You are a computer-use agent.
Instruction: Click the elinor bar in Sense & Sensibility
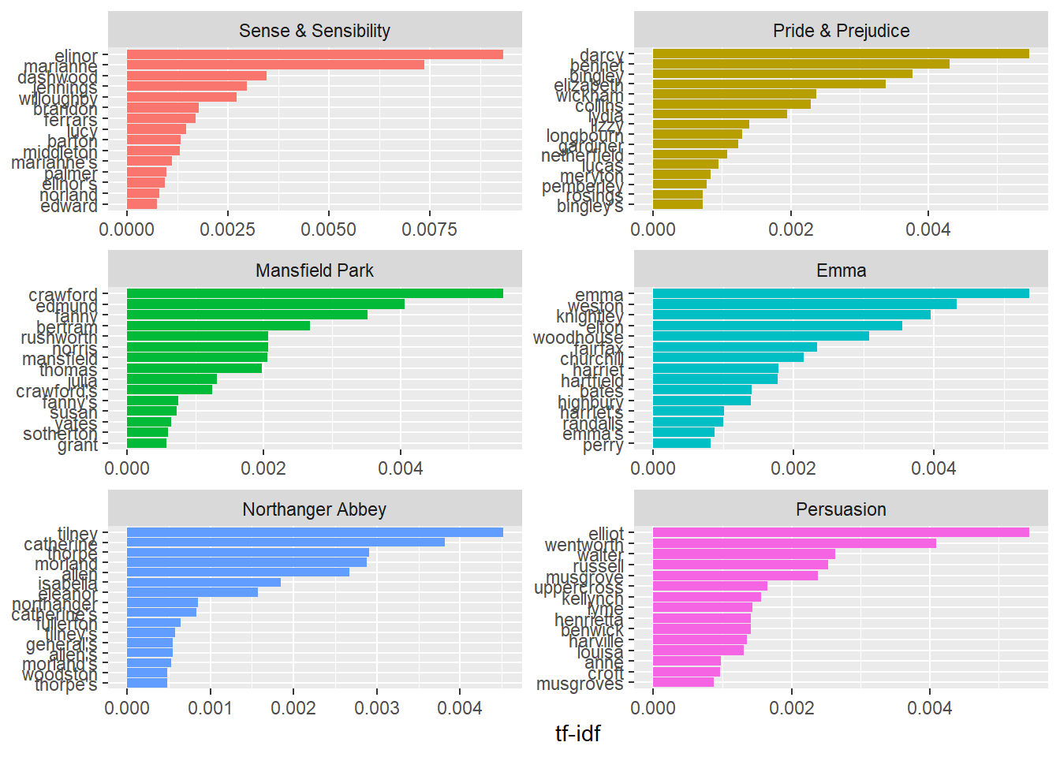[315, 54]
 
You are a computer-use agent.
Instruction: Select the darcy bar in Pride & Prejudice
[841, 54]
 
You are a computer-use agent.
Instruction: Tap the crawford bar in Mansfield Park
[315, 293]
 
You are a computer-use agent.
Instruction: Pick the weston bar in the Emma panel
[804, 304]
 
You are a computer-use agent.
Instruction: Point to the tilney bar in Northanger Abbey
[315, 532]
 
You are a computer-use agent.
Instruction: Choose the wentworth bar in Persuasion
[794, 543]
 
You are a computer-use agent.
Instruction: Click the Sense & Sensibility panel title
[315, 31]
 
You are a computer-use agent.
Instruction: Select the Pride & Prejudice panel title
[841, 31]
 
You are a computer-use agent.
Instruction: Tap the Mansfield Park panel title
[315, 270]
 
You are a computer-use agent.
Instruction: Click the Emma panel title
[841, 270]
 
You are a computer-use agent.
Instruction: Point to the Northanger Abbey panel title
[315, 509]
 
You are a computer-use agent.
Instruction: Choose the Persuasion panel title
[841, 509]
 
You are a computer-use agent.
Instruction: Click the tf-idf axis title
[577, 733]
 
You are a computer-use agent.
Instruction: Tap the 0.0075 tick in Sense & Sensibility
[429, 229]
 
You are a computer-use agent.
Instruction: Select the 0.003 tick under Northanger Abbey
[377, 707]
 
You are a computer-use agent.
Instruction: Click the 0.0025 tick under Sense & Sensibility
[228, 229]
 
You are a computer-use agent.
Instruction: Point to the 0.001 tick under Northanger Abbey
[210, 707]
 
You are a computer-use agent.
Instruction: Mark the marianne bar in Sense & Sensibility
[275, 65]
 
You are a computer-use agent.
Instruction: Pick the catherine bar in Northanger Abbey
[286, 543]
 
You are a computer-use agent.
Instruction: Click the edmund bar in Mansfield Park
[266, 304]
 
